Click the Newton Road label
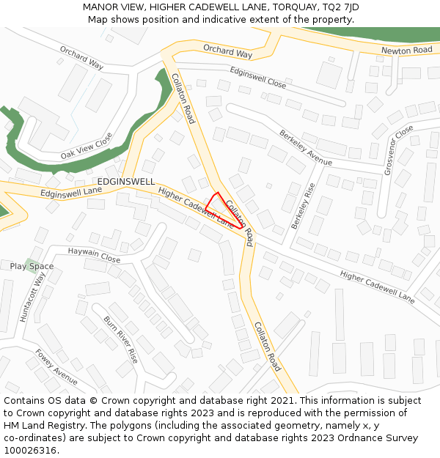tap(406, 50)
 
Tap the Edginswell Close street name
tap(257, 77)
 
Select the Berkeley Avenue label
tap(305, 148)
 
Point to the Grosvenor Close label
tap(398, 150)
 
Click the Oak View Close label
tap(87, 146)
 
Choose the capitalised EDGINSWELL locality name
tap(126, 181)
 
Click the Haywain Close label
tap(94, 254)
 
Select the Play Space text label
tap(32, 266)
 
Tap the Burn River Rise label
tap(120, 339)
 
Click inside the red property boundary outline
tap(222, 210)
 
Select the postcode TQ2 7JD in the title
tap(342, 7)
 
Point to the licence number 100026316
tap(29, 450)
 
